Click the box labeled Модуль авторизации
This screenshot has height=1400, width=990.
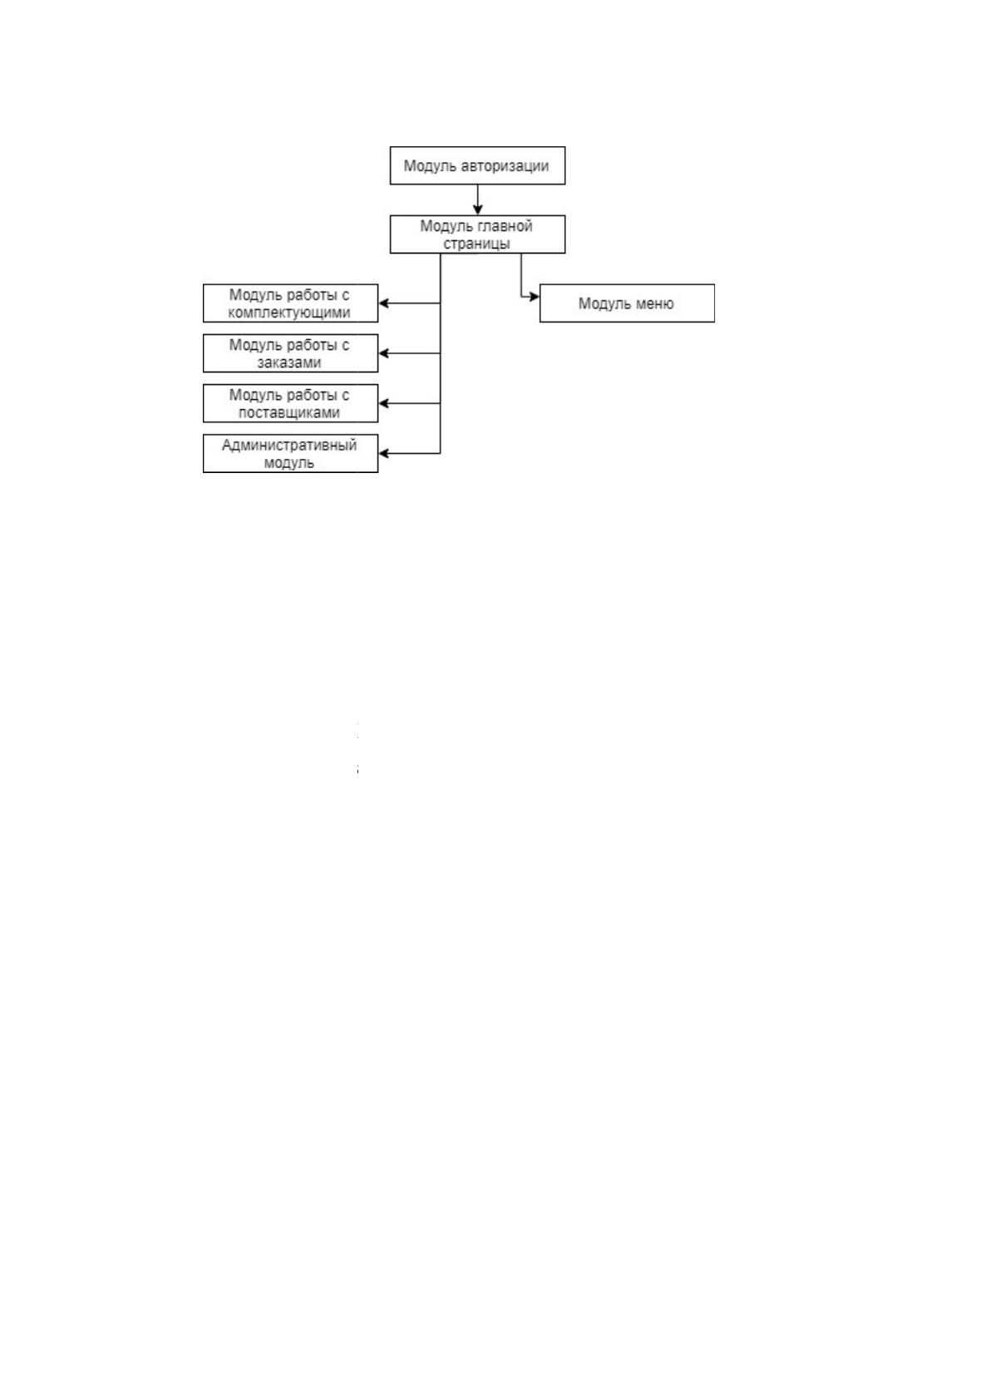[477, 165]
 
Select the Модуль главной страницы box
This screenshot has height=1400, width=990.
[477, 234]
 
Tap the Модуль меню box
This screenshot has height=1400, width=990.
[627, 303]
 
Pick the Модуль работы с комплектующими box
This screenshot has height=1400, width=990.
[291, 303]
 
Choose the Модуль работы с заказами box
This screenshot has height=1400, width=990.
[291, 353]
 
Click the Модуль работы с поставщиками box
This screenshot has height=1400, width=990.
[291, 403]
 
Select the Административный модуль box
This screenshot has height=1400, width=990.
[291, 453]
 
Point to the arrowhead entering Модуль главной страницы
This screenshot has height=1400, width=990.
[477, 210]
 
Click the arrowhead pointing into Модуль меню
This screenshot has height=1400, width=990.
[534, 297]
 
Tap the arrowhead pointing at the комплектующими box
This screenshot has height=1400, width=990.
[384, 303]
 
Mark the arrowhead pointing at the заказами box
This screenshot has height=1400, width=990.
[384, 353]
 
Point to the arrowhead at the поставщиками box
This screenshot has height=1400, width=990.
[384, 403]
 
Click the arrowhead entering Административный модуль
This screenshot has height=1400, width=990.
[384, 453]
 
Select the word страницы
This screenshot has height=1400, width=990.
[477, 244]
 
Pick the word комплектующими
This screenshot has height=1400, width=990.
[288, 313]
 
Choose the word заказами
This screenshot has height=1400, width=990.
[288, 362]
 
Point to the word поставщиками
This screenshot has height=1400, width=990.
[288, 412]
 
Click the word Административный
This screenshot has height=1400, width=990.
[288, 445]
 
